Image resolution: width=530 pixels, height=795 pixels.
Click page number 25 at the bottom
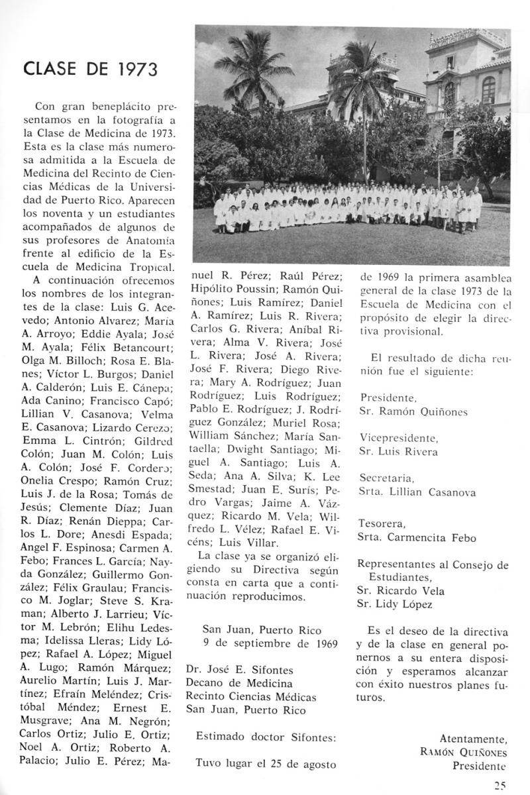click(500, 786)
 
